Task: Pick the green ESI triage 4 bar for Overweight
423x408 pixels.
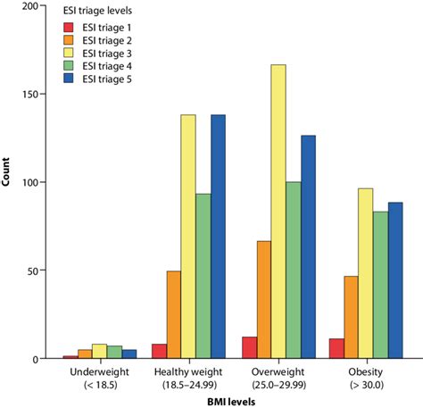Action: [x=293, y=271]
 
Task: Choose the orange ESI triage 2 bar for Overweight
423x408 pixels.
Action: [x=263, y=300]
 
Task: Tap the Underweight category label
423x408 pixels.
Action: [x=74, y=371]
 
